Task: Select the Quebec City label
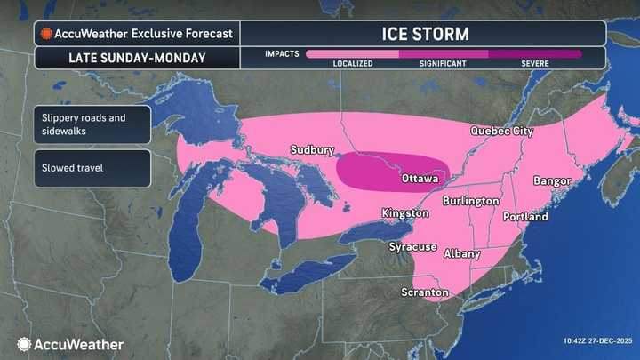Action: point(501,132)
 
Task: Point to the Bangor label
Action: point(551,181)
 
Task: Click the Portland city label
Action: point(524,217)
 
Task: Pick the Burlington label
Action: point(471,202)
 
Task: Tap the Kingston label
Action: point(404,213)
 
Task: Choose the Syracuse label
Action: point(412,245)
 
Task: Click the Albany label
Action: point(461,254)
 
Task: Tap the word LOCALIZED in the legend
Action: point(352,64)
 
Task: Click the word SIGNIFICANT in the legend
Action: point(444,64)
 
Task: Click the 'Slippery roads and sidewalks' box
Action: point(92,124)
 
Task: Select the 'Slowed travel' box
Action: point(92,168)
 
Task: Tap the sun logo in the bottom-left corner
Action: point(24,344)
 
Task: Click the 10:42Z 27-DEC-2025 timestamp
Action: point(597,341)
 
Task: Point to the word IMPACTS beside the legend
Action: point(282,53)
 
